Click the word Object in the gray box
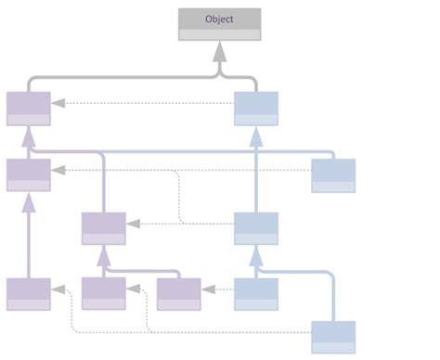pos(219,19)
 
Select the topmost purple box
pos(29,108)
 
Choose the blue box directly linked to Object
pos(255,108)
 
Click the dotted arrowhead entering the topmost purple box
pos(58,102)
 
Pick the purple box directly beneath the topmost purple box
pos(29,174)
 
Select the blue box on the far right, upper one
pos(332,174)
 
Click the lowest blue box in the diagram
pos(332,337)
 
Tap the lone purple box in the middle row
pos(103,228)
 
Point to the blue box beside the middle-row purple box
pos(255,228)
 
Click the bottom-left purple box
pos(29,293)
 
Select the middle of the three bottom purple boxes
pos(103,293)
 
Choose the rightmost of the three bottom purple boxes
pos(178,293)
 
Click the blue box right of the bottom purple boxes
pos(255,293)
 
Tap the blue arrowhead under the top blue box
pos(255,134)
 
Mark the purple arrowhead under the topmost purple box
pos(29,134)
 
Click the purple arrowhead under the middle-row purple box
pos(103,253)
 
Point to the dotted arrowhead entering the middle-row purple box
pos(133,223)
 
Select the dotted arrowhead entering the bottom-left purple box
pos(58,289)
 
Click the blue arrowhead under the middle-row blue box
pos(255,253)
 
